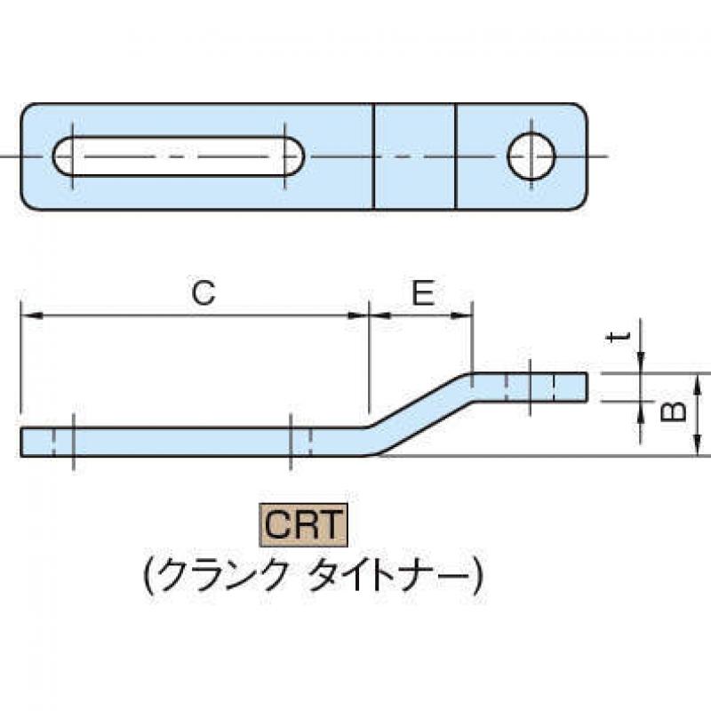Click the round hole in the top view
coord(531,156)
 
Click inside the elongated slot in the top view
coord(179,156)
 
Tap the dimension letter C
coord(204,293)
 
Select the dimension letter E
coord(423,293)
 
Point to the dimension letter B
coord(674,412)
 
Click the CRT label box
coord(303,524)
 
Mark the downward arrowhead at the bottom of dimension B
coord(698,446)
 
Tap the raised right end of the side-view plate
coord(530,387)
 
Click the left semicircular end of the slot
coord(62,156)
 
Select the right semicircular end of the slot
coord(295,156)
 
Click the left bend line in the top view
coord(373,157)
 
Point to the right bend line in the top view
coord(455,157)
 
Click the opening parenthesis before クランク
coord(148,575)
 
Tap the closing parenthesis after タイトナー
coord(477,575)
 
